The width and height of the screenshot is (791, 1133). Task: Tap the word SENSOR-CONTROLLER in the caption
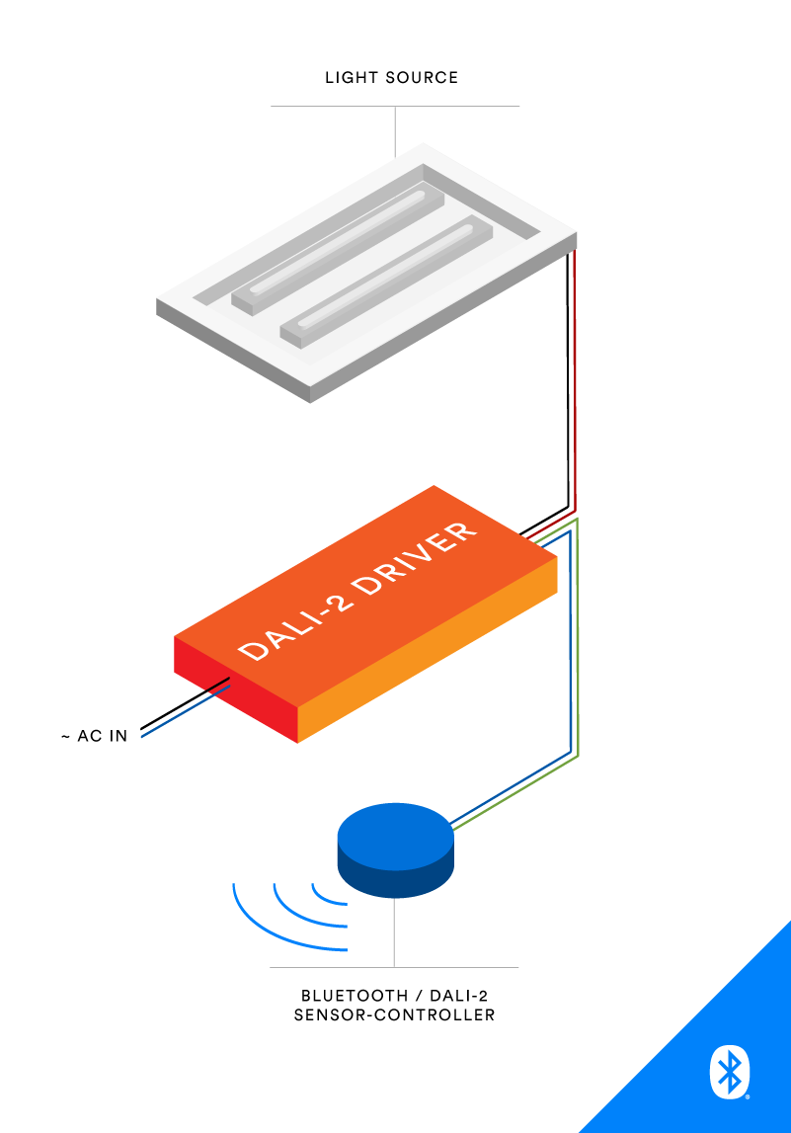tap(394, 1015)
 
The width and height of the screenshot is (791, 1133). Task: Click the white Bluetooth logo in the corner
tap(730, 1072)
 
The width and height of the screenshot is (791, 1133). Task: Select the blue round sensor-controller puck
tap(395, 850)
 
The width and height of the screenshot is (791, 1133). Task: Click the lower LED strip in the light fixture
tap(385, 281)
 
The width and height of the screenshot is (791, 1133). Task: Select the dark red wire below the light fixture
tap(575, 395)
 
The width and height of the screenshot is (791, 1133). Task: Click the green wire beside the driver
tap(578, 642)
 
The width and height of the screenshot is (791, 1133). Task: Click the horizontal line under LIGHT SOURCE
tap(394, 106)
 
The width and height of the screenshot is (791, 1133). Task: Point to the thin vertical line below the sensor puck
tap(394, 933)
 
